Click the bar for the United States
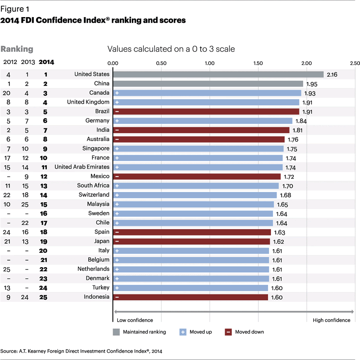(x=218, y=74)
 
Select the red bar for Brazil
(x=206, y=111)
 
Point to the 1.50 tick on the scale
(x=258, y=64)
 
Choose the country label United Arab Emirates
(x=82, y=167)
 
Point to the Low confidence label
(x=135, y=320)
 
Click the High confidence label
(x=331, y=320)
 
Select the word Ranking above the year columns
(x=18, y=49)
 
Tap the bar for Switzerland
(x=194, y=195)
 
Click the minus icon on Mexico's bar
(x=117, y=176)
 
